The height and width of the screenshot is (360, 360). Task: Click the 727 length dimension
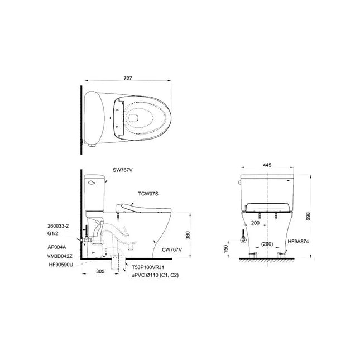coord(128,79)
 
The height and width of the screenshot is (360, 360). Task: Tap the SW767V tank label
coord(123,170)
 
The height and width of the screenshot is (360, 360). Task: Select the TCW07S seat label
coord(148,194)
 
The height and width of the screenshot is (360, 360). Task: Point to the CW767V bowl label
coord(172,250)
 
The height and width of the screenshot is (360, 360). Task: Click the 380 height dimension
coord(188,236)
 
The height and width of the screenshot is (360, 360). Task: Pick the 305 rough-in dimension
coord(100,271)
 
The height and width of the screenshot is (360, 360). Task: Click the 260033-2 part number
coord(58,226)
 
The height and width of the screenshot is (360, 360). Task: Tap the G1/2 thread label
coord(53,234)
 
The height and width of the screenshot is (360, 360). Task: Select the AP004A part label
coord(57,247)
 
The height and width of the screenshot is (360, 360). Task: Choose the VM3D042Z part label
coord(60,256)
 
